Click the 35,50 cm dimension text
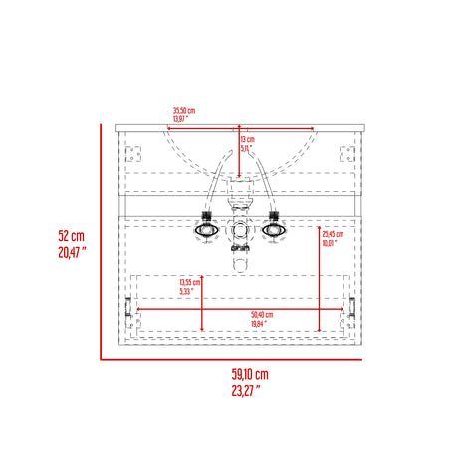(183, 112)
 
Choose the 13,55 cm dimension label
(190, 282)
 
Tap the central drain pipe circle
(240, 230)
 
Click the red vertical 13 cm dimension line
(238, 149)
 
